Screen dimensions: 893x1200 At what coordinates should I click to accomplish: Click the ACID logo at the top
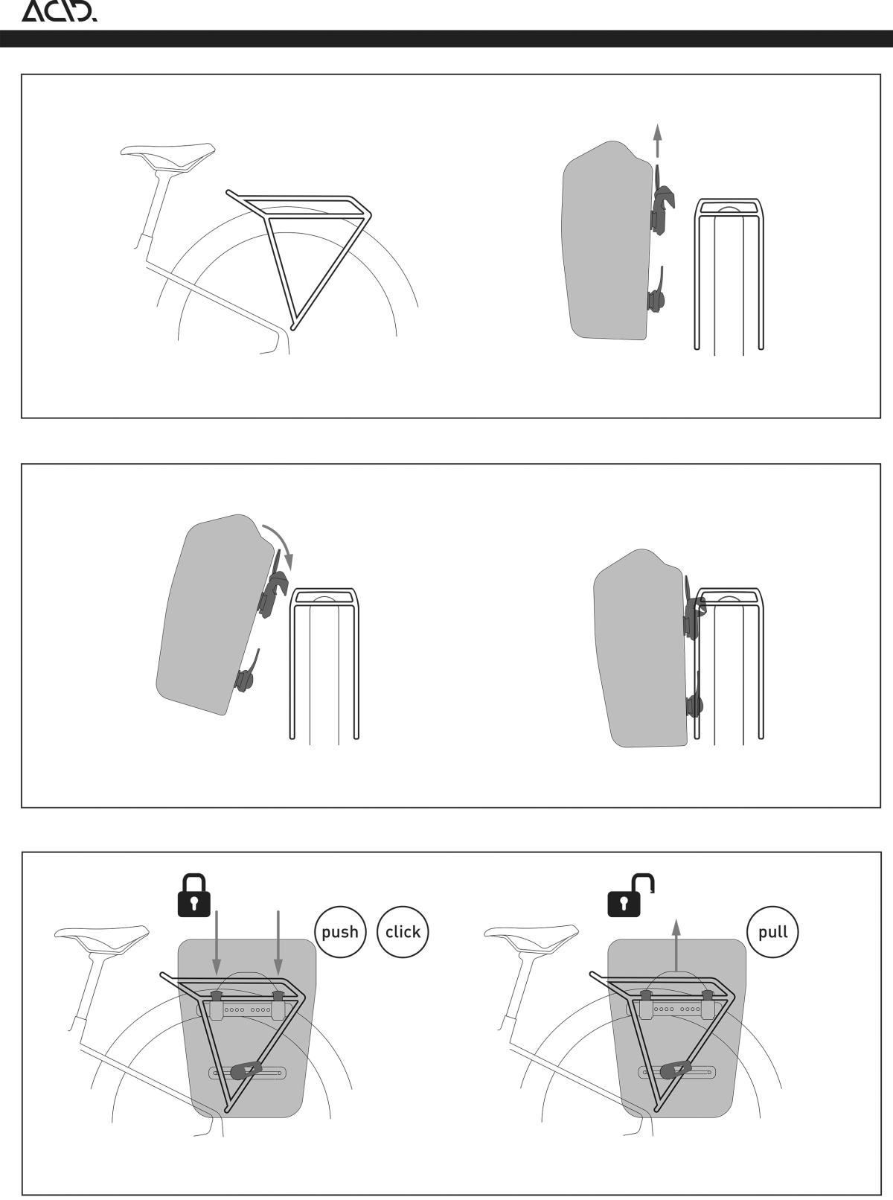coord(60,12)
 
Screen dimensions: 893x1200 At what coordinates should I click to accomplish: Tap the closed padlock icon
coord(193,896)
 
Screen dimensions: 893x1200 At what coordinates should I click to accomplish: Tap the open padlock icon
coord(631,896)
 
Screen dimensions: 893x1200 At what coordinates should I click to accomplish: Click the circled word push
coord(340,932)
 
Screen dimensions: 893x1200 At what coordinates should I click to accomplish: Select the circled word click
coord(403,932)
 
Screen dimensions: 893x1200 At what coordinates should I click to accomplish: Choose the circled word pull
coord(772,932)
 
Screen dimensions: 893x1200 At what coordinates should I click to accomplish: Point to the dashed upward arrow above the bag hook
coord(657,141)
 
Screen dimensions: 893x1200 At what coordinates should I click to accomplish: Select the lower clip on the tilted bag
coord(246,672)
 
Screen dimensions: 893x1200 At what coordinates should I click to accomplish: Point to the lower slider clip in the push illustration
coord(246,1070)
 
